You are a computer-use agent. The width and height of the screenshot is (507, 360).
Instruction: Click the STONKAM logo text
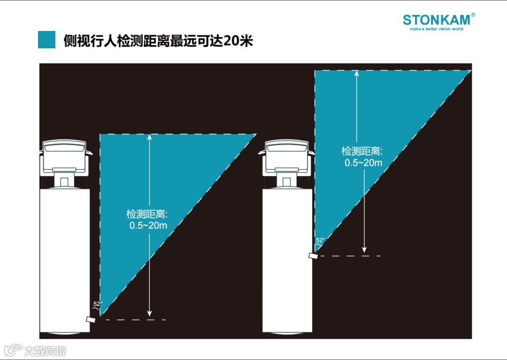pyautogui.click(x=436, y=20)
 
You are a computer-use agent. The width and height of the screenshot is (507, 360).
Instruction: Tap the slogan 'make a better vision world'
pyautogui.click(x=436, y=29)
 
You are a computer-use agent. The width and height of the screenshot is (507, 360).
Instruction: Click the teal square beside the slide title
pyautogui.click(x=47, y=40)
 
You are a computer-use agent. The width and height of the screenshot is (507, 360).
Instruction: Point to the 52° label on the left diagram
pyautogui.click(x=98, y=304)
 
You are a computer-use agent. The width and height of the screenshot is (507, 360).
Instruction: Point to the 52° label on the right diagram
pyautogui.click(x=320, y=240)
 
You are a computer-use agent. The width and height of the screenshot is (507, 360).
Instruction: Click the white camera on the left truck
pyautogui.click(x=90, y=319)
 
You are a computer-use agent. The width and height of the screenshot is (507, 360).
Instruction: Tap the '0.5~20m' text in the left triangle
pyautogui.click(x=148, y=225)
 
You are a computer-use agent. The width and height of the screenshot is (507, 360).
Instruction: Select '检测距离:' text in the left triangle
pyautogui.click(x=147, y=214)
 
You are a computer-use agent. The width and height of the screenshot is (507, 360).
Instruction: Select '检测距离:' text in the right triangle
pyautogui.click(x=362, y=152)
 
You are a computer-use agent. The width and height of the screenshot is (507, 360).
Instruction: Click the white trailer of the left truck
pyautogui.click(x=64, y=258)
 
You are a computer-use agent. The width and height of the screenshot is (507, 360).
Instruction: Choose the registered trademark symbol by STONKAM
pyautogui.click(x=473, y=15)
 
